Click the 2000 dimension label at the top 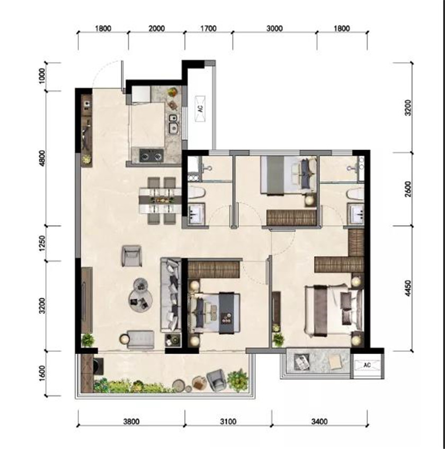156,29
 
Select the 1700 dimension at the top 208,29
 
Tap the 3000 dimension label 274,29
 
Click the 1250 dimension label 42,244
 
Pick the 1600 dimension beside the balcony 42,373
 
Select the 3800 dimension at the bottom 131,421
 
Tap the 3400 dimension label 319,421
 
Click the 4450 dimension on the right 408,288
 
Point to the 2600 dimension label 408,189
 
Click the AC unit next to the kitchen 200,109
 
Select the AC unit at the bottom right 367,365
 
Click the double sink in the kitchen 173,124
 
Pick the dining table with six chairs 161,200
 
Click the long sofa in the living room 171,295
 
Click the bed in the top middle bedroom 289,175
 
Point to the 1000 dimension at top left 42,76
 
